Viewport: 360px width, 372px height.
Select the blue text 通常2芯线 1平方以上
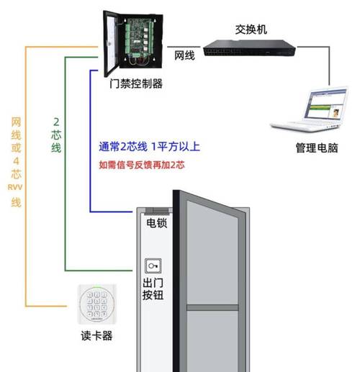(x=150, y=147)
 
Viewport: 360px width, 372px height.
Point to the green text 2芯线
(x=56, y=134)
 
